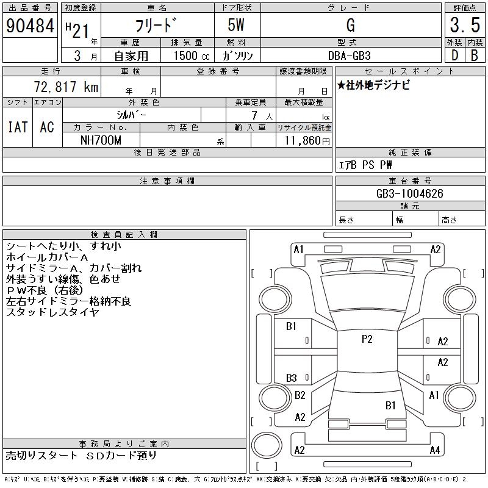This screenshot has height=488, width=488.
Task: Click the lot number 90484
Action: point(30,26)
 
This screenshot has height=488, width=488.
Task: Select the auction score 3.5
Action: point(465,25)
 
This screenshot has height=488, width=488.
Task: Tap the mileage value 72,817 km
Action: point(66,87)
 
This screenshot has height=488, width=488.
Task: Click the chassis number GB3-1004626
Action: point(409,193)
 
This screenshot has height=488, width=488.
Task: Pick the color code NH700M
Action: point(101,140)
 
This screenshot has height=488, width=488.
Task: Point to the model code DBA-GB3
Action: point(350,56)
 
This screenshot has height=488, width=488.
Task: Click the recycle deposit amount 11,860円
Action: point(307,141)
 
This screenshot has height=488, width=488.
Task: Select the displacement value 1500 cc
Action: point(192,56)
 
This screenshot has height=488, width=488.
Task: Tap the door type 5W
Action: point(236,25)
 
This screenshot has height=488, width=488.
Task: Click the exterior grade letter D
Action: point(454,56)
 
